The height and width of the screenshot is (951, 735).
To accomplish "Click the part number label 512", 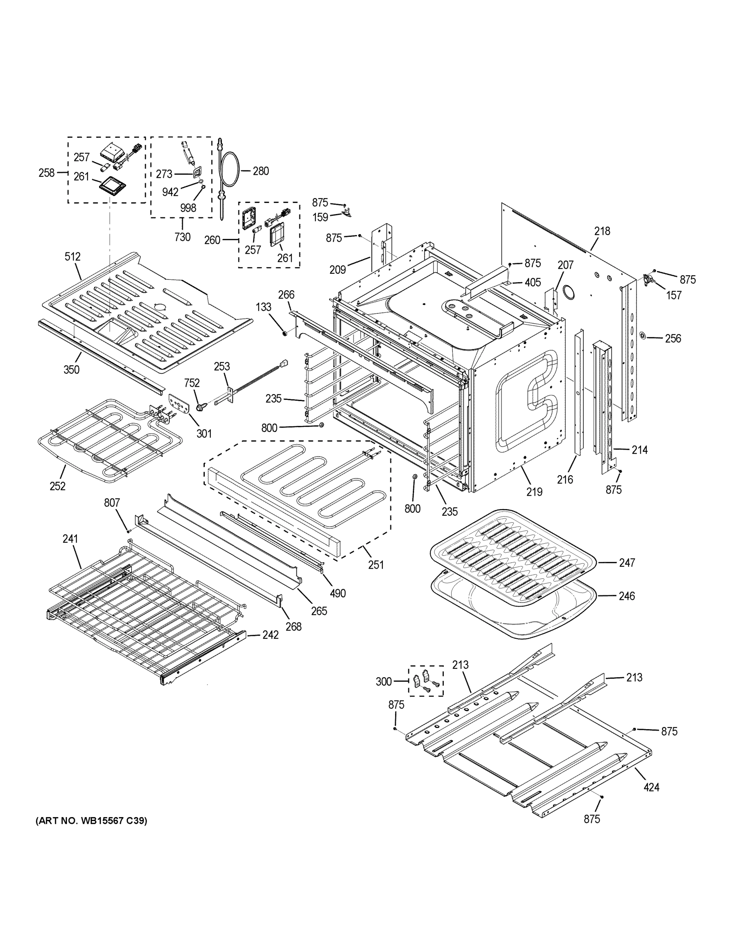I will click(73, 257).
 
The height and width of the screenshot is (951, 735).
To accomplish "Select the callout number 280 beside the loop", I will click(261, 171).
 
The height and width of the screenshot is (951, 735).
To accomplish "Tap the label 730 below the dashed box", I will click(182, 237).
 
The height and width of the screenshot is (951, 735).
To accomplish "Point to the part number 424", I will click(651, 787).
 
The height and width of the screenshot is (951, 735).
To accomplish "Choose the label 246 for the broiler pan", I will click(626, 596).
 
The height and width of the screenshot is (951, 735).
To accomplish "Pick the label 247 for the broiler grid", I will click(627, 563).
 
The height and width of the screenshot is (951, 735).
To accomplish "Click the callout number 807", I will click(112, 503).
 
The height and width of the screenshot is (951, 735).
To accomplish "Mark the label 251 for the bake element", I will click(376, 565).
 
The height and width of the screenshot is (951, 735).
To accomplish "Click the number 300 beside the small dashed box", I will click(384, 682).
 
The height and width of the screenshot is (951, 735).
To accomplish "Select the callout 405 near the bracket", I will click(533, 283).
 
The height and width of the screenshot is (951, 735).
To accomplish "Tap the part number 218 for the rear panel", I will click(602, 231).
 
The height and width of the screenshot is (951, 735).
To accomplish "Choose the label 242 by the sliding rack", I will click(270, 635).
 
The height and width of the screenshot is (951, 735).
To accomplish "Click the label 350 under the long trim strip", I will click(71, 370).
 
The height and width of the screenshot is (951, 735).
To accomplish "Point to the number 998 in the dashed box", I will click(188, 208).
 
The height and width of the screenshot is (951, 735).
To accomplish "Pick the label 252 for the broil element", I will click(57, 486).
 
